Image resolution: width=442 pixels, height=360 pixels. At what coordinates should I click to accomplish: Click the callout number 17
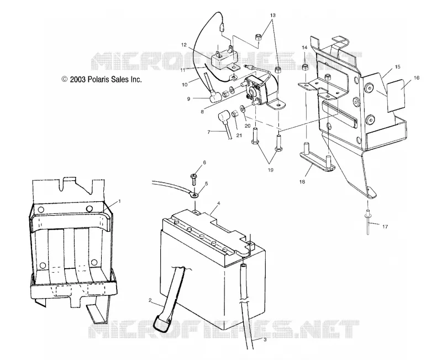point(385,226)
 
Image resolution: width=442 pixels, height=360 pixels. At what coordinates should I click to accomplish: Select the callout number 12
point(184,45)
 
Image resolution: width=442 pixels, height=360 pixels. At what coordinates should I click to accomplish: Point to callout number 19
point(270,170)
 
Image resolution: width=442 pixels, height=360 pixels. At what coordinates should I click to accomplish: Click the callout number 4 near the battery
point(218,203)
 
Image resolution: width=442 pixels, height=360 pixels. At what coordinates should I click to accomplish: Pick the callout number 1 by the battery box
point(119,201)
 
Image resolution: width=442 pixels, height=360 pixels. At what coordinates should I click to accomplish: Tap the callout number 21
point(239,135)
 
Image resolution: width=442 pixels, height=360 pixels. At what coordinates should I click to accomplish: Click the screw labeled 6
point(194,178)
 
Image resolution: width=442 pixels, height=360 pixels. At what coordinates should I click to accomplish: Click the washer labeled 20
point(243,108)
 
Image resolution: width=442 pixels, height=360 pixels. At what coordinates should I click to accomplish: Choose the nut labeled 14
point(305,68)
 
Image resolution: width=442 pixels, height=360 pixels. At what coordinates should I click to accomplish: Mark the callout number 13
point(272,15)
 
